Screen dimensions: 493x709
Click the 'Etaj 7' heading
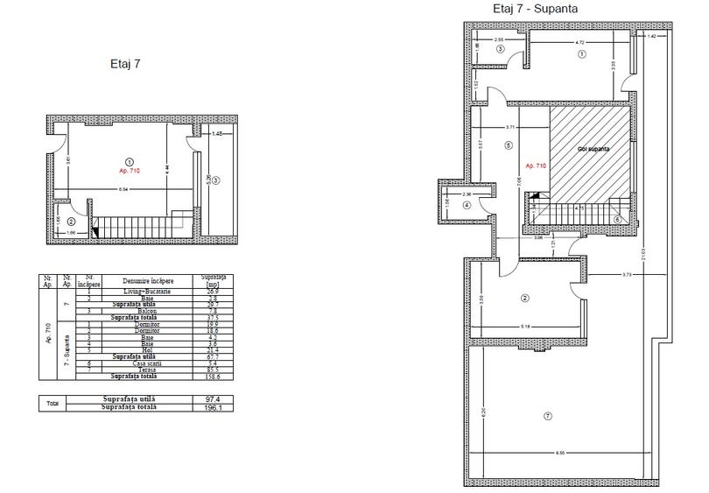(x=125, y=63)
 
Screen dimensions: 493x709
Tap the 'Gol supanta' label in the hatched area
(x=592, y=150)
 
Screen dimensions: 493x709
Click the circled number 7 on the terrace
(x=547, y=415)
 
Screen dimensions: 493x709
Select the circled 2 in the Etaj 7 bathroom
(x=72, y=221)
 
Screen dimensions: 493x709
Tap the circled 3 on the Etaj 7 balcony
(x=216, y=180)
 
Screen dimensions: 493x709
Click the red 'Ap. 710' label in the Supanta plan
(x=536, y=165)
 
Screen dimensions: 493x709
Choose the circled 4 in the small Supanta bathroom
(x=467, y=205)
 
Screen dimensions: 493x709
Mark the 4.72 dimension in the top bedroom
(x=579, y=41)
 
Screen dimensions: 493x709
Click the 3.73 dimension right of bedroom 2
(x=626, y=275)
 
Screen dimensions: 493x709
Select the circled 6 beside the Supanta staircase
(x=617, y=219)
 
